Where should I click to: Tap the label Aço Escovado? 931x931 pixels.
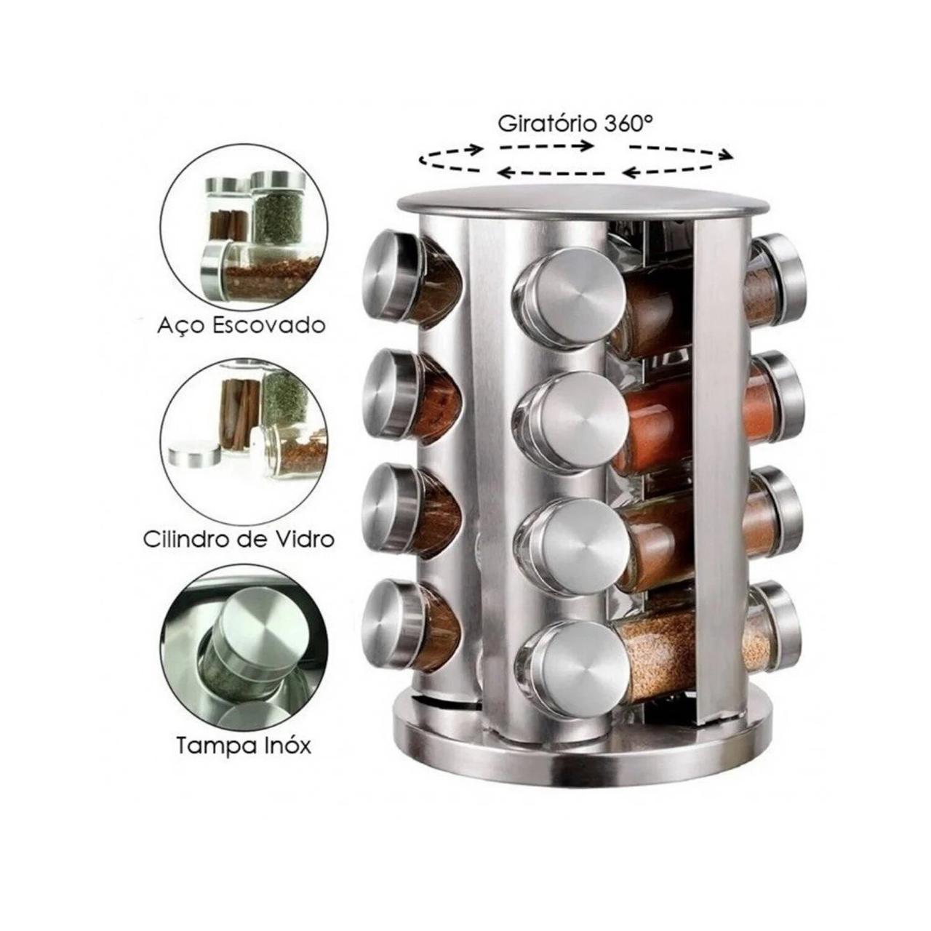(x=241, y=326)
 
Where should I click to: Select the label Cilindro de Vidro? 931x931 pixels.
(x=239, y=539)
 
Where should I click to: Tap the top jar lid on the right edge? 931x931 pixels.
(x=780, y=280)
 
